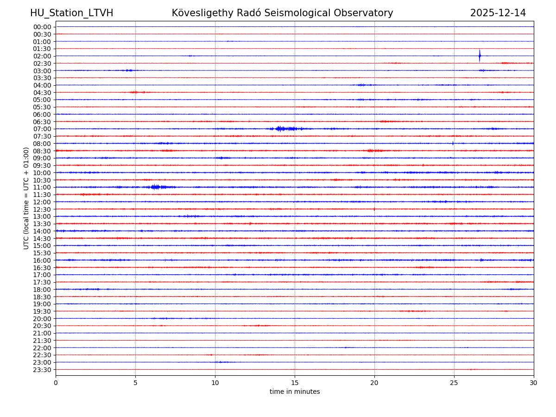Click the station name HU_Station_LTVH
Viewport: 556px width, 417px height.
71,13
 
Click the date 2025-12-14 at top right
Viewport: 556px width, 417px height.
498,13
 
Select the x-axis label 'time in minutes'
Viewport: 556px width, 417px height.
295,392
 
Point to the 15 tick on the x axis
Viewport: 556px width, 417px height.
295,383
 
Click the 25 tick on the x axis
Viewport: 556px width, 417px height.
454,383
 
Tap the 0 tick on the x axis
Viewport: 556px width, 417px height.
56,383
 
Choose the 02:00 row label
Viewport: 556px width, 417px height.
42,56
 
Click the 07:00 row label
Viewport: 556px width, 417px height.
42,129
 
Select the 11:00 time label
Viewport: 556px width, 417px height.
42,187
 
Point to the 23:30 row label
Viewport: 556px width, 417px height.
42,370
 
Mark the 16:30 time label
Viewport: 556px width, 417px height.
42,268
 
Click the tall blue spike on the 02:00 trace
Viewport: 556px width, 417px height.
480,56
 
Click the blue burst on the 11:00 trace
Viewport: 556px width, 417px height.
156,187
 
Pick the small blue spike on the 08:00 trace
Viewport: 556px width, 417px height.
453,143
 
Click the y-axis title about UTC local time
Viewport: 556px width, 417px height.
26,198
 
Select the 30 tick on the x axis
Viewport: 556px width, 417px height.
534,383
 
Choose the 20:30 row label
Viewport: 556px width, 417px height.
42,326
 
